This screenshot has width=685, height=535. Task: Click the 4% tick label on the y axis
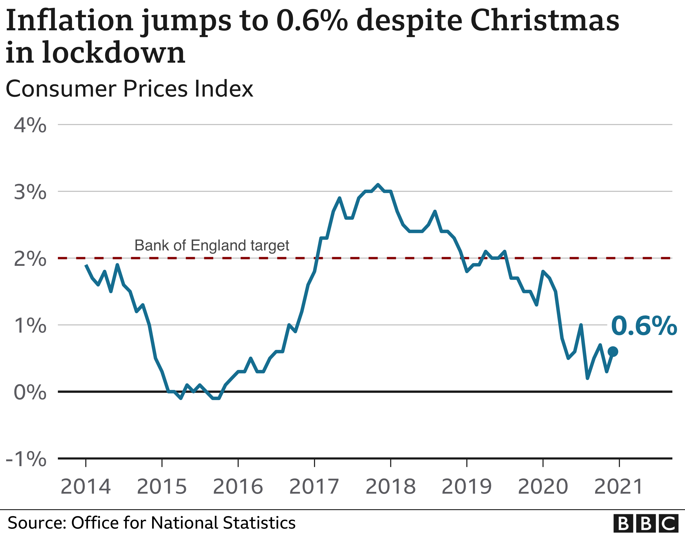(30, 125)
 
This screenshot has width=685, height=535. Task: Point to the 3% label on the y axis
(30, 192)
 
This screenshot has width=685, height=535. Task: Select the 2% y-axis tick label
(30, 259)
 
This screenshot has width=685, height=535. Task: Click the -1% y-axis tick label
(26, 459)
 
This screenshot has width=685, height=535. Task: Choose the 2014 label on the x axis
(86, 487)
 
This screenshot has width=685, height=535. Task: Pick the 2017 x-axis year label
(314, 487)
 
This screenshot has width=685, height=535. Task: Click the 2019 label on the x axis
(467, 487)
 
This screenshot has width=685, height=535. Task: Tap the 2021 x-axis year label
(619, 487)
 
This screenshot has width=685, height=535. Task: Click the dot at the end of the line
(613, 352)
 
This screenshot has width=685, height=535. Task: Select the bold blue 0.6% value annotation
(644, 326)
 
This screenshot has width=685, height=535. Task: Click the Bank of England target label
(212, 246)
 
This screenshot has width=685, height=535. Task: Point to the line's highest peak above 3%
(378, 185)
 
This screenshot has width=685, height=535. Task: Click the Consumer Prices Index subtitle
(129, 89)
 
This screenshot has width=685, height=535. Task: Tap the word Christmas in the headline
(545, 20)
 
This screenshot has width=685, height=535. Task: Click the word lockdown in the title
(114, 52)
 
